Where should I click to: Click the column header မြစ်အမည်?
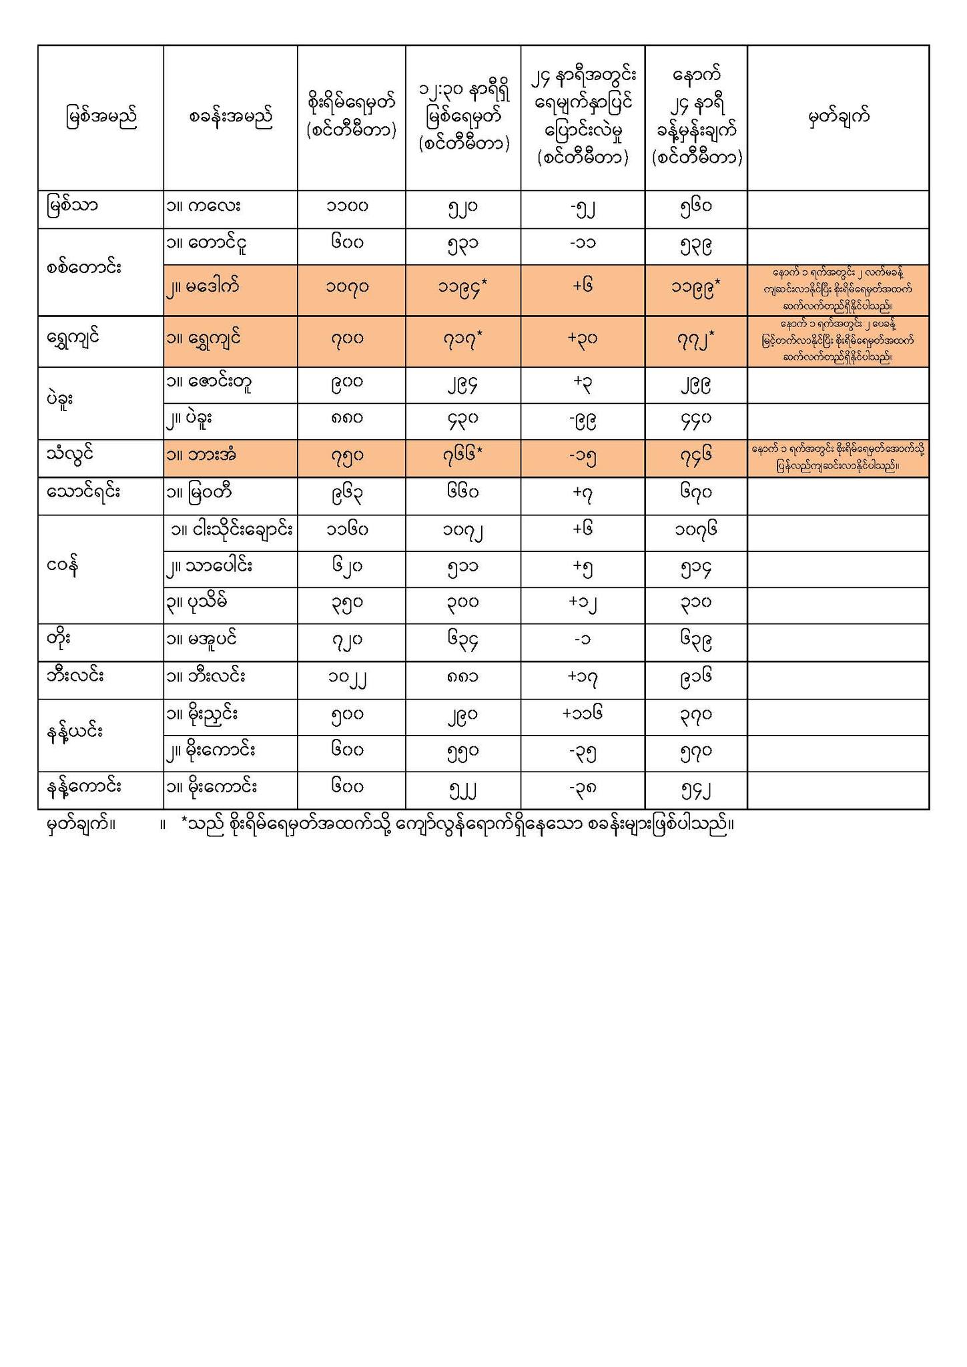101,117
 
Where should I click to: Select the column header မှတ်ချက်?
838,117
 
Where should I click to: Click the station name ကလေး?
204,206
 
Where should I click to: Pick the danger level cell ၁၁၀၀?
348,206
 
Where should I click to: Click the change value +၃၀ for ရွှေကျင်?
583,338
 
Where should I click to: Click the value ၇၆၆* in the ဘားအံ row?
462,456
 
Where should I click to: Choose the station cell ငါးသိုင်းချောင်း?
231,530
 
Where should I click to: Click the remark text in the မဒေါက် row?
838,289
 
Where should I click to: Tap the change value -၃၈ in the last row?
583,788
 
